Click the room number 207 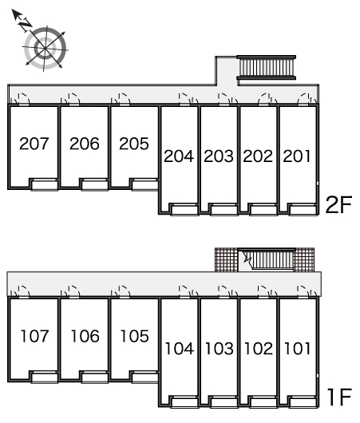pyautogui.click(x=34, y=144)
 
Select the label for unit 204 pyautogui.click(x=179, y=156)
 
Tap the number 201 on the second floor pyautogui.click(x=297, y=156)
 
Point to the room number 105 pyautogui.click(x=134, y=336)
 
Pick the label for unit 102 pyautogui.click(x=259, y=348)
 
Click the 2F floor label pyautogui.click(x=338, y=205)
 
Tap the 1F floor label pyautogui.click(x=339, y=397)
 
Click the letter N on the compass pyautogui.click(x=26, y=25)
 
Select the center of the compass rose pyautogui.click(x=45, y=49)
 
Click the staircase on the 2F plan pyautogui.click(x=266, y=68)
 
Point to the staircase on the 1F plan pyautogui.click(x=272, y=259)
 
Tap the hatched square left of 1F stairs pyautogui.click(x=227, y=259)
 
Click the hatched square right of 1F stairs pyautogui.click(x=304, y=259)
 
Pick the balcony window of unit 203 pyautogui.click(x=224, y=210)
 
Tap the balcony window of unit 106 pyautogui.click(x=94, y=378)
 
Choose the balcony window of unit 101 pyautogui.click(x=303, y=402)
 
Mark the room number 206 pyautogui.click(x=84, y=144)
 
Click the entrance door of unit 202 pyautogui.click(x=264, y=99)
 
